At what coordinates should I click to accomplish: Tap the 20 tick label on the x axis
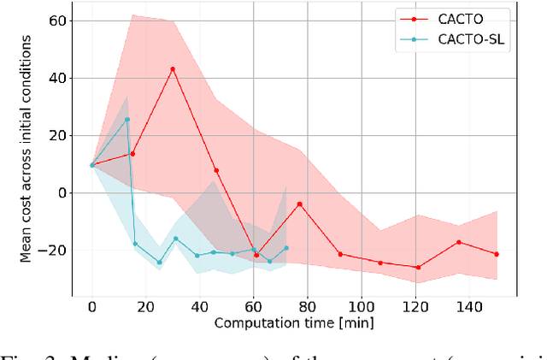[x=146, y=306]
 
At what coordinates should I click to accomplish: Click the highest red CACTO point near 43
[x=173, y=69]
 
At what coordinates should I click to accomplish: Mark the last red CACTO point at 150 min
[x=496, y=254]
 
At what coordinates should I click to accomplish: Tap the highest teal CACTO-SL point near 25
[x=127, y=120]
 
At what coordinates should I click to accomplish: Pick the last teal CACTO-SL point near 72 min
[x=286, y=248]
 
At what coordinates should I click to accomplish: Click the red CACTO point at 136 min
[x=458, y=242]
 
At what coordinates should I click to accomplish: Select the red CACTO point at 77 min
[x=300, y=204]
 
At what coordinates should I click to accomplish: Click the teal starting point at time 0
[x=92, y=165]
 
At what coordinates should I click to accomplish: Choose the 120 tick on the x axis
[x=415, y=306]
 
